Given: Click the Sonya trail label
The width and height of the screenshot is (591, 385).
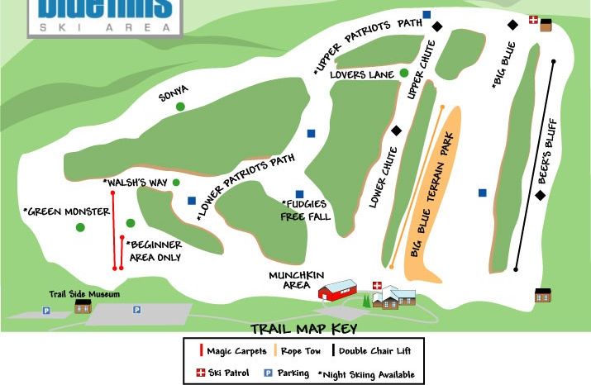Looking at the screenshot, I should point(174,95).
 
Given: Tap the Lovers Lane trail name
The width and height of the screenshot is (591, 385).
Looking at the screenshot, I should point(361,74).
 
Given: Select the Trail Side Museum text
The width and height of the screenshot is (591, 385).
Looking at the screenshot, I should point(83,294).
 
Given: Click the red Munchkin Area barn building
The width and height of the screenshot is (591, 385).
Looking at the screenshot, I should point(337,291).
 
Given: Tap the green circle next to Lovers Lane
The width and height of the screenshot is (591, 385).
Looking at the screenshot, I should point(404,73).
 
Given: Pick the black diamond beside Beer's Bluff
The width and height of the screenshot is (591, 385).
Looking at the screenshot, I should point(541,195).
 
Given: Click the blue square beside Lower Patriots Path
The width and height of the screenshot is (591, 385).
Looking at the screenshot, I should point(191,201).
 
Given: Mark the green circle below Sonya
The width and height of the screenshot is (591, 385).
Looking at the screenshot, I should point(180,106).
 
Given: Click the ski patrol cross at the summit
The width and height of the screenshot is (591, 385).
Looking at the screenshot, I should point(533,20).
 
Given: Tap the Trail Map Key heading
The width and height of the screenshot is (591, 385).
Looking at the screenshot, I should point(303,329).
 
